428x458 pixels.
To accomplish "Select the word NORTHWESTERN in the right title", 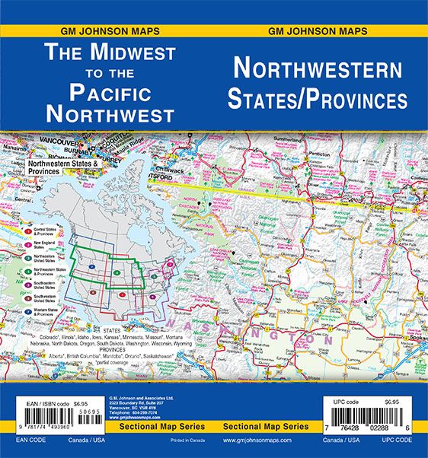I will tap(318, 70).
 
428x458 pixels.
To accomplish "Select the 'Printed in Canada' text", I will tap(179, 441).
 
